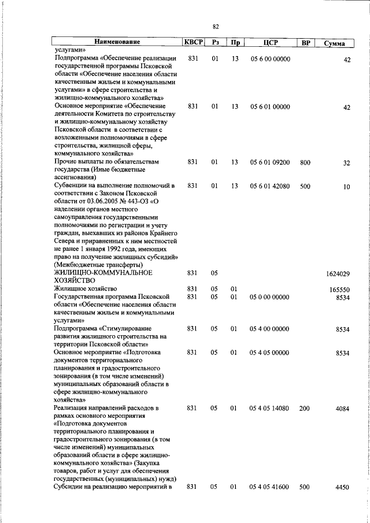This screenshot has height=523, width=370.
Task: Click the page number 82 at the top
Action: (x=216, y=27)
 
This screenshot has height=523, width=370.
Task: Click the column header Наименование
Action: (x=117, y=43)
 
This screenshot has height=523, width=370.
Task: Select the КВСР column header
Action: (x=193, y=43)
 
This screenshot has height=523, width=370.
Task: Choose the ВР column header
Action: (x=306, y=43)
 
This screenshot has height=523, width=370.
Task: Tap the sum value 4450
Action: (x=342, y=488)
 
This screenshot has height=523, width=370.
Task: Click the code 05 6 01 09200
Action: (x=271, y=162)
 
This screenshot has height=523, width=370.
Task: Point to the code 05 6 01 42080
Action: (x=271, y=186)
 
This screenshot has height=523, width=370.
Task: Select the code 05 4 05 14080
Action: (x=271, y=408)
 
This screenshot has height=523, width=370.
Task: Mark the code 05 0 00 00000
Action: (x=271, y=297)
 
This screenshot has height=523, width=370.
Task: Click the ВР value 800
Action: (x=305, y=162)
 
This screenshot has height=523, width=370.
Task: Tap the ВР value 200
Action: (x=305, y=408)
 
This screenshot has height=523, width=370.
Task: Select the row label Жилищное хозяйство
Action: (x=86, y=288)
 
